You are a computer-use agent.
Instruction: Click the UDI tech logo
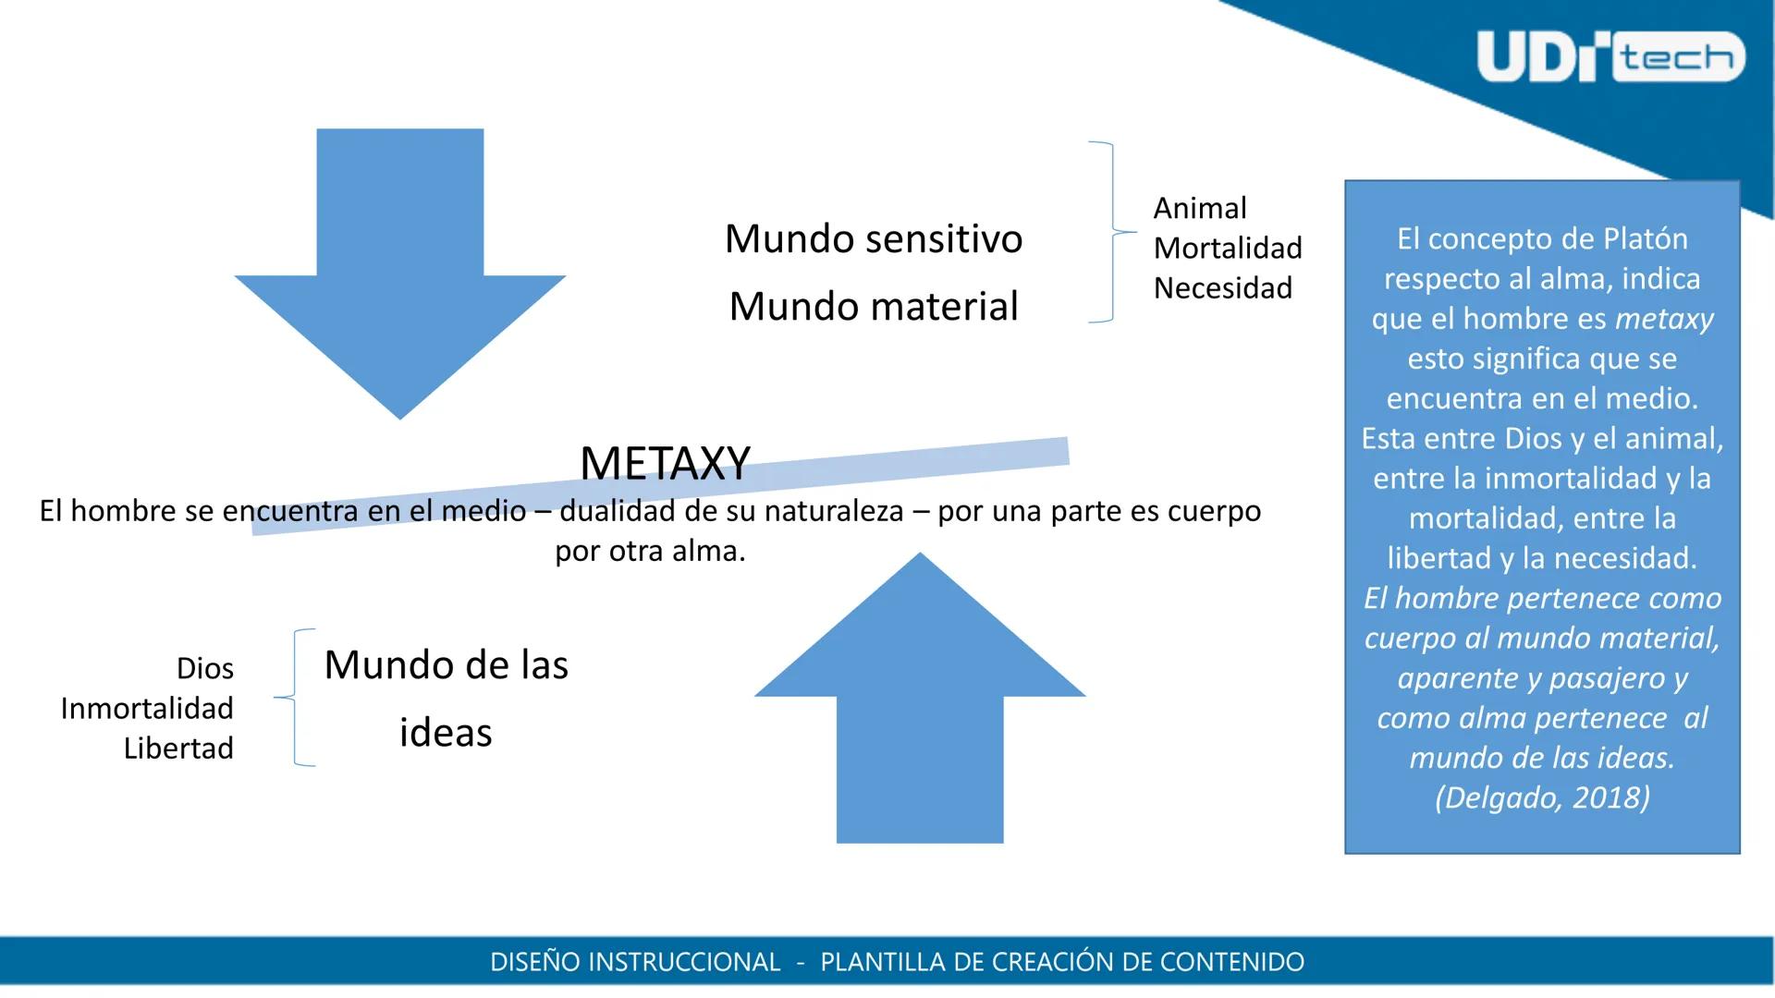pos(1610,57)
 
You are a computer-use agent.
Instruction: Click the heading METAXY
pos(665,463)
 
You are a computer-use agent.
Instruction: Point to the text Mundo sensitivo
pos(874,238)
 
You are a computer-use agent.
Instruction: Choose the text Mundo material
pos(874,306)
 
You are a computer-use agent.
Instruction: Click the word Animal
pos(1200,208)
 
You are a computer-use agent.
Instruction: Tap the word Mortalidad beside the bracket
pos(1228,248)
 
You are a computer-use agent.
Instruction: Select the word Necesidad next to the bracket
pos(1223,287)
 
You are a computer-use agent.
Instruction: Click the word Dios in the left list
pos(204,668)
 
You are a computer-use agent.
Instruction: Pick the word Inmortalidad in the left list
pos(147,708)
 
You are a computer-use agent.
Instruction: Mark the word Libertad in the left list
pos(178,748)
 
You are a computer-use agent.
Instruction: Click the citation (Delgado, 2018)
pos(1542,797)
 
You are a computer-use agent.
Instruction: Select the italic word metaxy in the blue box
pos(1664,319)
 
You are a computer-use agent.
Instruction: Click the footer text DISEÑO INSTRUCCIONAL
pos(635,962)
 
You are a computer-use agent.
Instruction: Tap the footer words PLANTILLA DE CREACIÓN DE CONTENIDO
pos(1062,962)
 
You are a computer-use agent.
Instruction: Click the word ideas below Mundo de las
pos(446,732)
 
